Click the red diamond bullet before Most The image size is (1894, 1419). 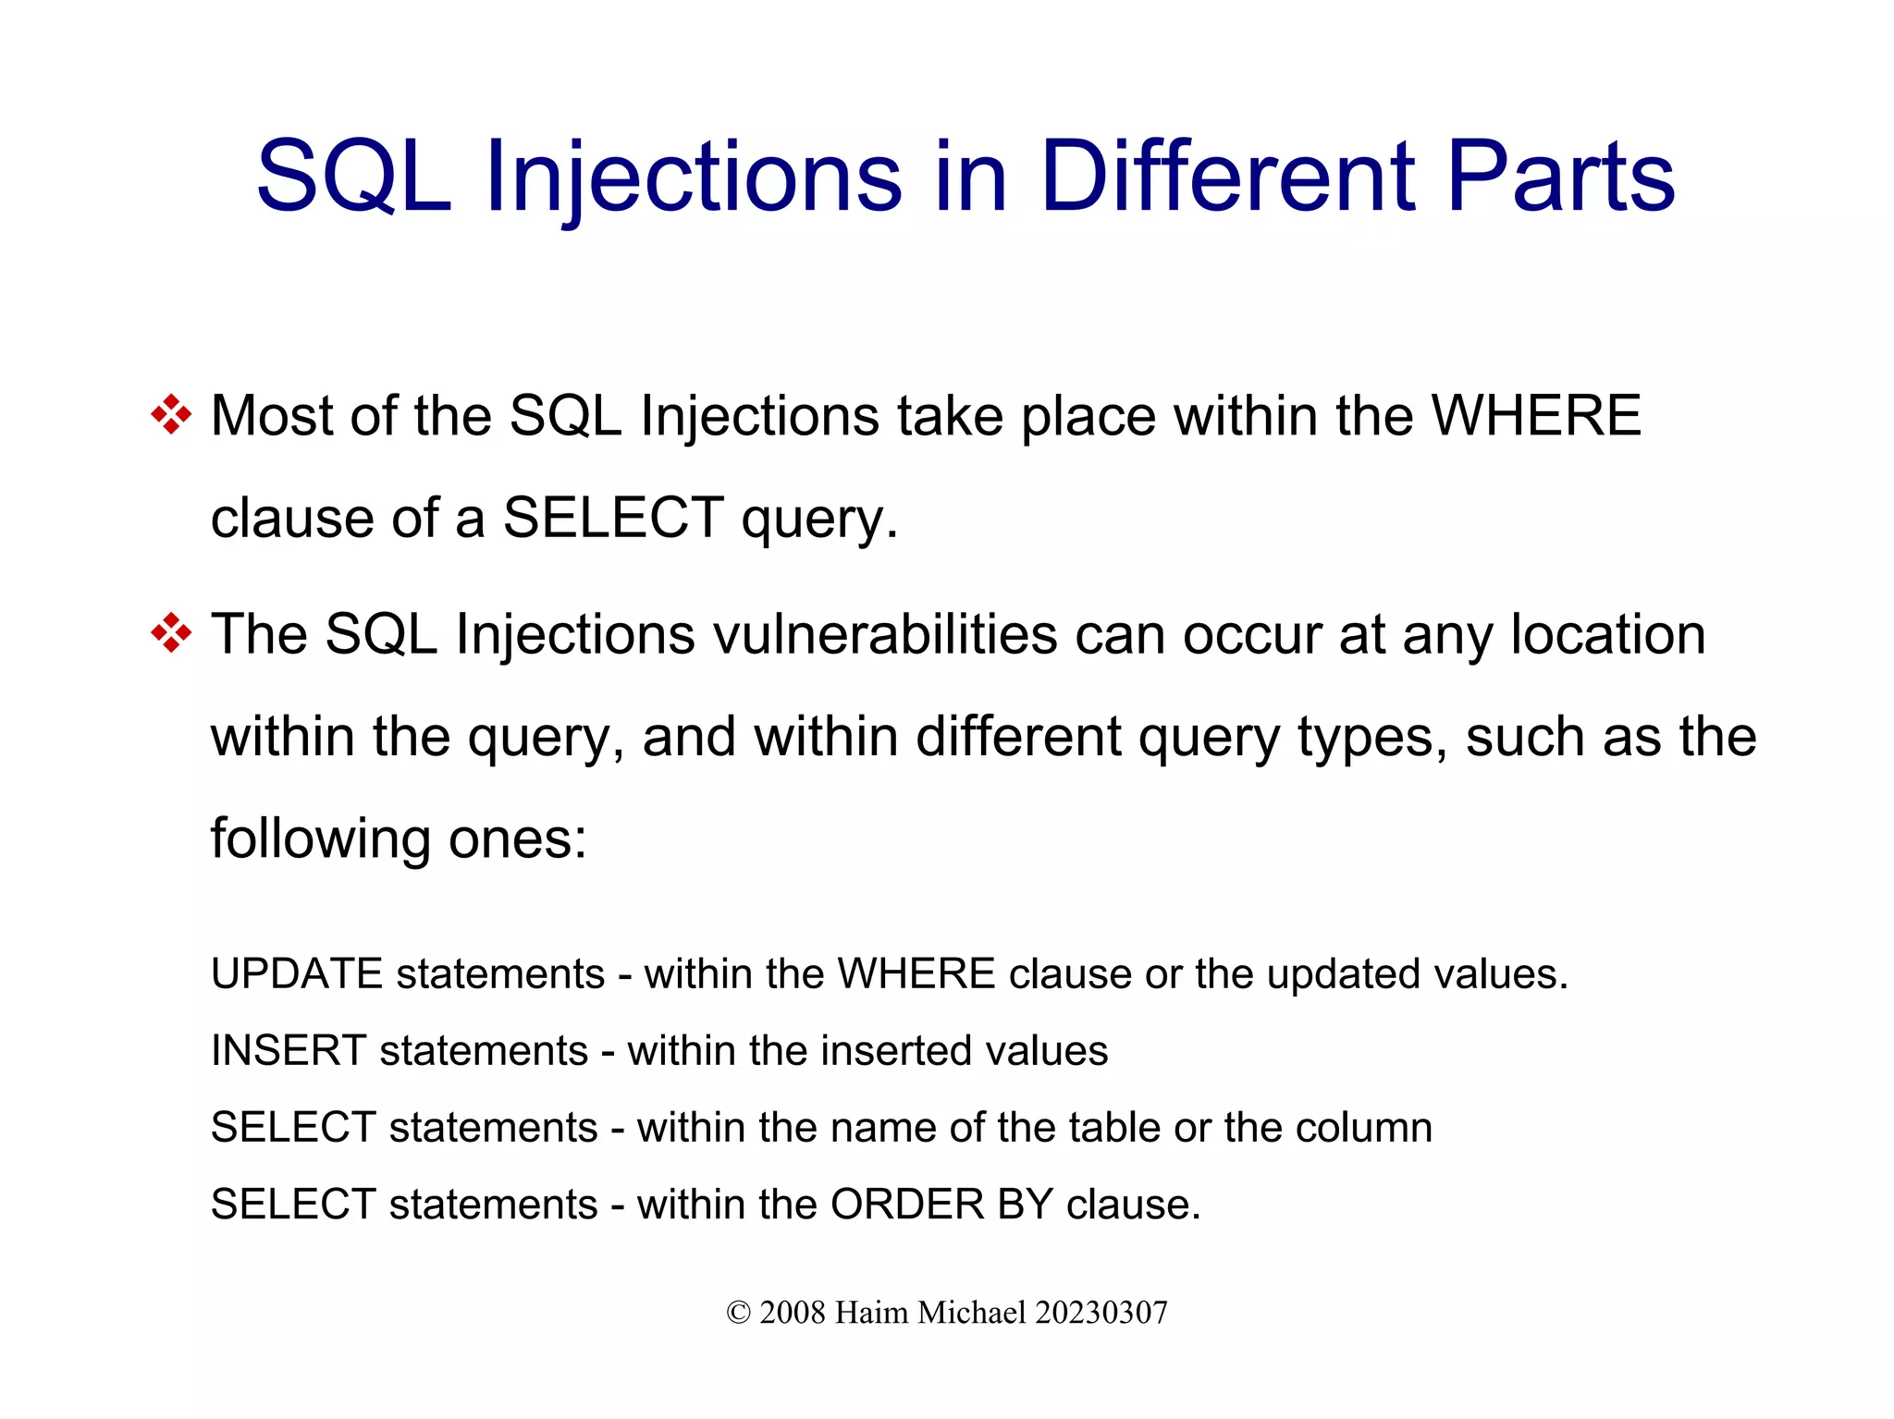pos(171,415)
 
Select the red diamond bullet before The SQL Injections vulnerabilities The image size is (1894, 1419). pos(171,634)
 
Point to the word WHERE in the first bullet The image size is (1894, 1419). pos(1535,415)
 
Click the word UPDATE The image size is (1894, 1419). pos(297,974)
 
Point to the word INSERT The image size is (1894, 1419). pos(289,1051)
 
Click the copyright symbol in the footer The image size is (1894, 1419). pos(738,1313)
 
